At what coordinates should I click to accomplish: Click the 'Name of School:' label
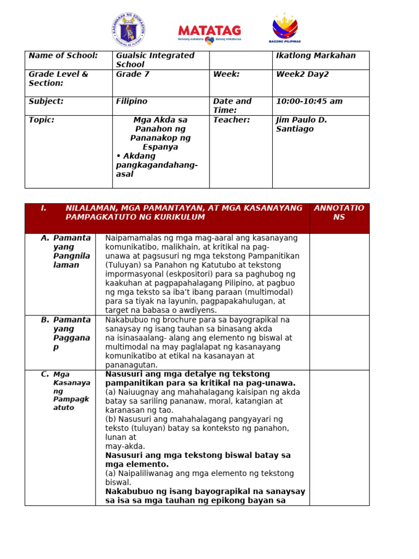coord(63,56)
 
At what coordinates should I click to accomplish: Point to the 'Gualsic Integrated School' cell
coord(155,60)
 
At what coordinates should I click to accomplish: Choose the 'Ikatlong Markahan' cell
coord(316,56)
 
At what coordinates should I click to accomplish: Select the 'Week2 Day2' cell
coord(303,74)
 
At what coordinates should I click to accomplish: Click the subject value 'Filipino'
coord(131,102)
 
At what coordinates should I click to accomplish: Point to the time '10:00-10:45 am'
coord(309,102)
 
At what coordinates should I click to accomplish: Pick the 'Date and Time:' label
coord(232,106)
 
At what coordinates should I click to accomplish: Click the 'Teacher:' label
coord(231,120)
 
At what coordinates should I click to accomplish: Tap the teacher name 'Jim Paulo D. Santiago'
coord(302,124)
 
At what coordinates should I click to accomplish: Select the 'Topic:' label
coord(41,120)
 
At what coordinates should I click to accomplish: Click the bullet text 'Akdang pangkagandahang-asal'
coord(157,165)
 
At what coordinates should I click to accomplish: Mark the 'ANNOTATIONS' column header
coord(339,212)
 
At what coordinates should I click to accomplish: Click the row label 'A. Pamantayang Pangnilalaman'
coord(65,251)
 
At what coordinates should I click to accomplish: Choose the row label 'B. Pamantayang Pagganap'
coord(65,333)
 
